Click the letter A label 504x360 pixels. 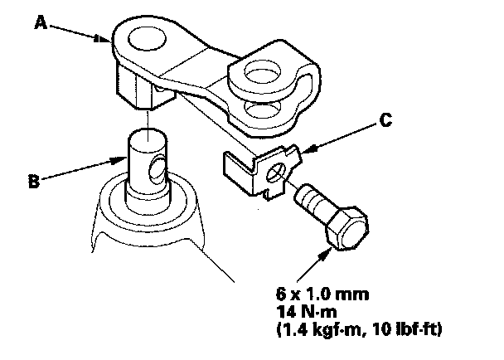click(x=39, y=24)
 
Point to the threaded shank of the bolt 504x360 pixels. click(x=314, y=202)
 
